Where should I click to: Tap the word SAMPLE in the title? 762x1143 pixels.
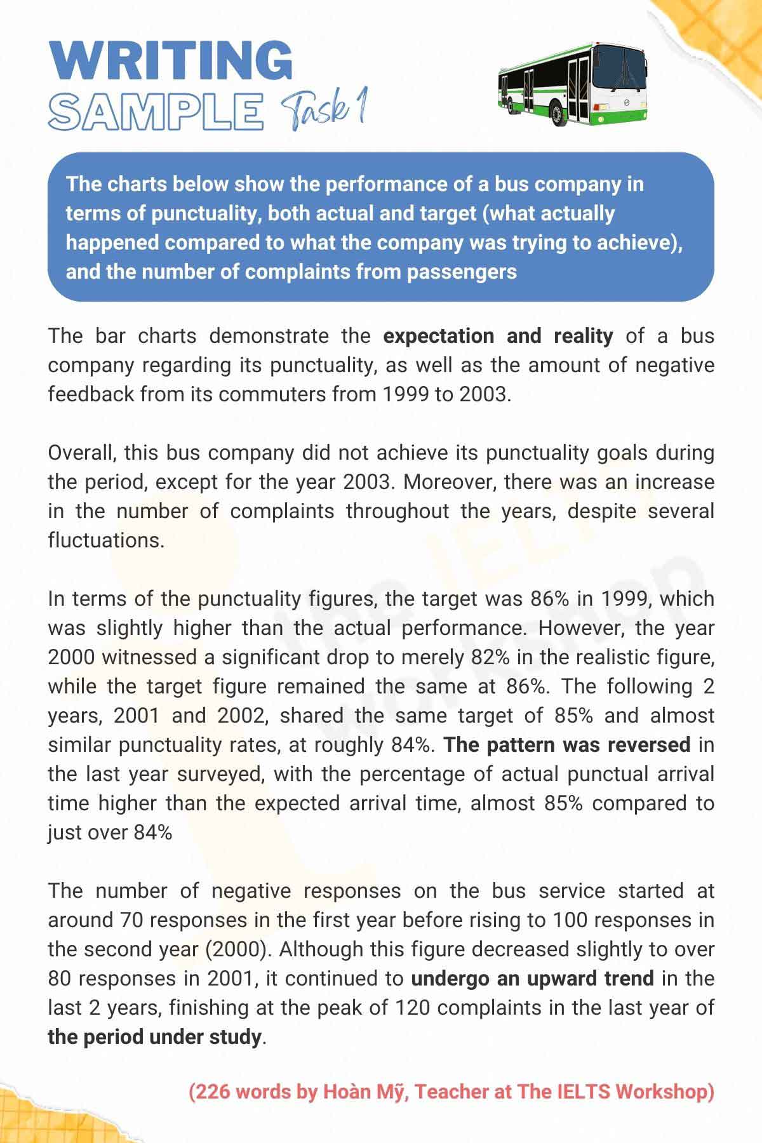click(156, 111)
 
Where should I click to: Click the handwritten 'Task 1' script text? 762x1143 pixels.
click(324, 109)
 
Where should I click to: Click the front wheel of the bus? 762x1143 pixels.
click(558, 114)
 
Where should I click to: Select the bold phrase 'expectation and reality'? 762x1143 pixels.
click(498, 336)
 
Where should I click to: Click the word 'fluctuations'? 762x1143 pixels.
click(105, 540)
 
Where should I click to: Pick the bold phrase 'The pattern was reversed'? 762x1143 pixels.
click(566, 745)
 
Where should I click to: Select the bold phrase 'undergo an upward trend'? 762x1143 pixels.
click(532, 979)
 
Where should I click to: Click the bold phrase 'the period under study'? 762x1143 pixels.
click(154, 1037)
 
